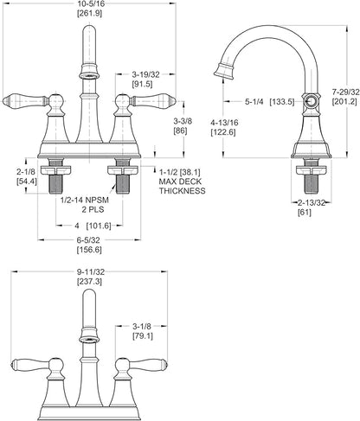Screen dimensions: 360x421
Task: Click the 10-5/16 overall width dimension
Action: pos(89,3)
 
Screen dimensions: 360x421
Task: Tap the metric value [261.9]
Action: pos(89,13)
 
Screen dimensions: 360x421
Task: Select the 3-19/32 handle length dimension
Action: pos(145,74)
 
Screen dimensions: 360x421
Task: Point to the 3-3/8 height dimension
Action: pos(183,121)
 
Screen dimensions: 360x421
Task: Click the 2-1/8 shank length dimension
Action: pos(26,172)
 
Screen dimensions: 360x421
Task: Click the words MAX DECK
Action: pos(181,182)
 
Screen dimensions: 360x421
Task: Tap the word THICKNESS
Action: pos(183,191)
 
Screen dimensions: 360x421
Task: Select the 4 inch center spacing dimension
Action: pos(77,226)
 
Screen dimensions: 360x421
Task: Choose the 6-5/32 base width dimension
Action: pos(88,239)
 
